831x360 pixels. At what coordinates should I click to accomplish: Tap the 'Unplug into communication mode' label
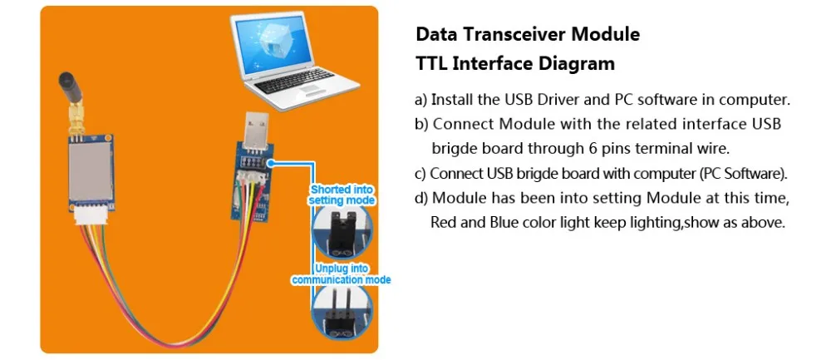pyautogui.click(x=341, y=274)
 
